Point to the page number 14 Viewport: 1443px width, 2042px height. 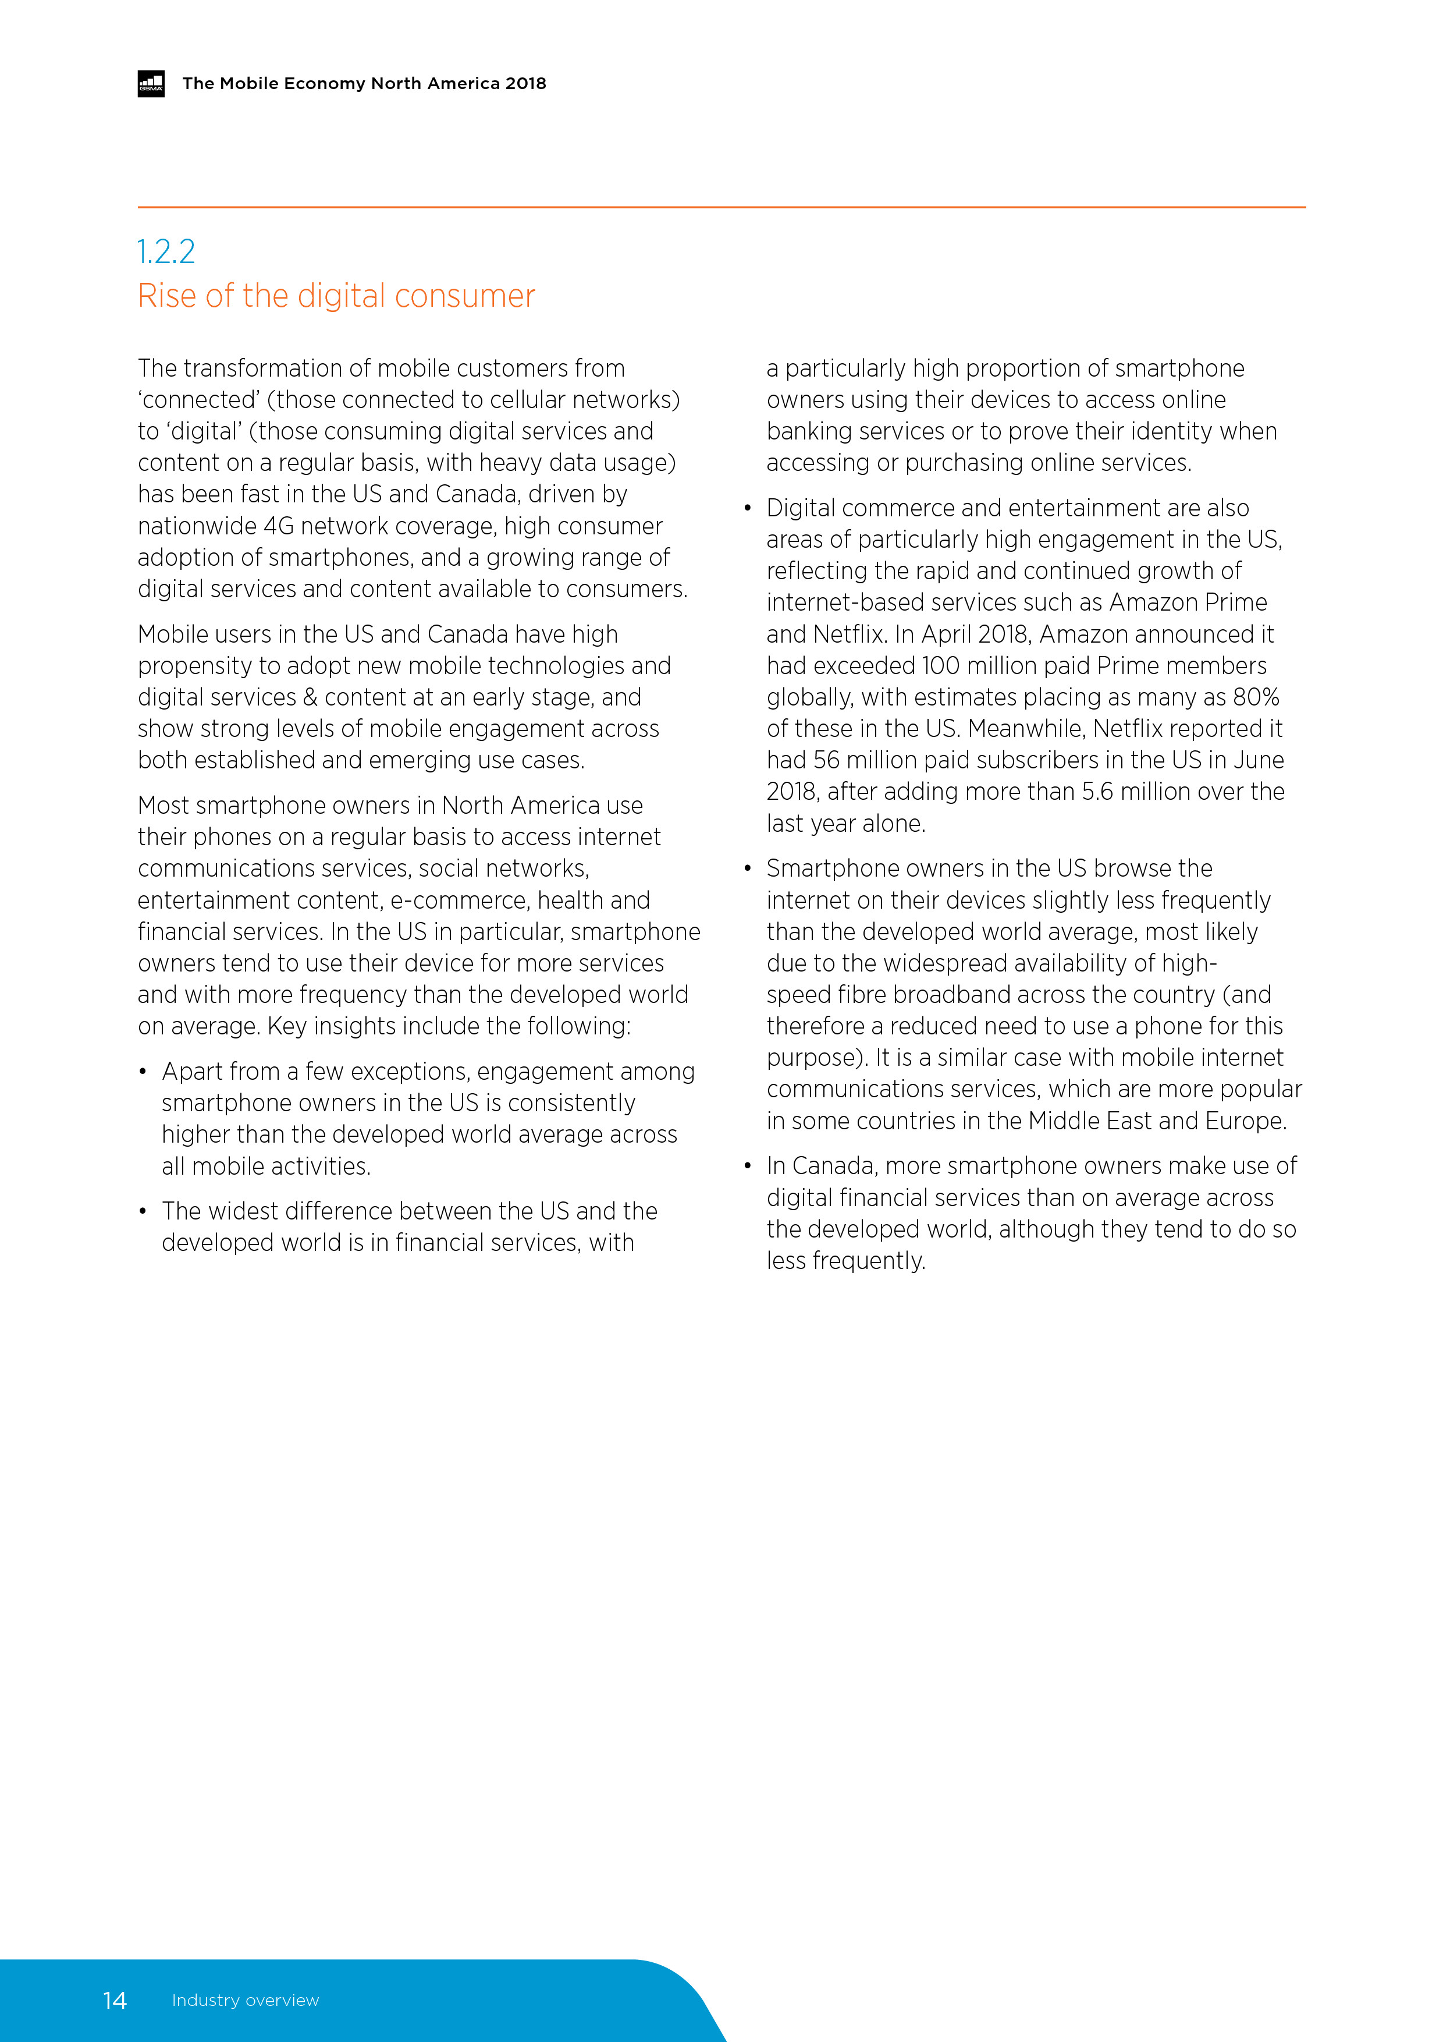click(x=115, y=2000)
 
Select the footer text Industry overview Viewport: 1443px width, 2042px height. click(x=246, y=2000)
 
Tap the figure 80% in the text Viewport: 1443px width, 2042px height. click(x=1256, y=697)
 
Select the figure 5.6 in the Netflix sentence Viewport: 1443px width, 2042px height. click(x=1097, y=792)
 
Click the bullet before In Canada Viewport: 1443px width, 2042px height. click(x=748, y=1166)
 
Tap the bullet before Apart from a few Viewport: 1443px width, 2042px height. click(x=142, y=1072)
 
